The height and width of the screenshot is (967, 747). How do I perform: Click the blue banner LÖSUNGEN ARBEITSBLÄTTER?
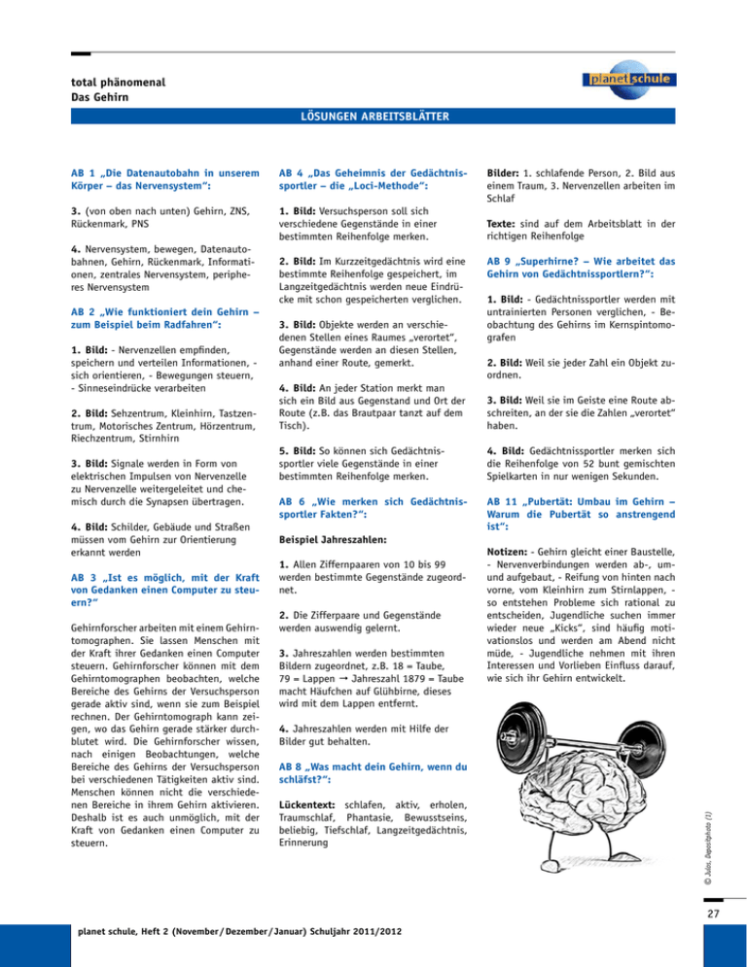click(373, 118)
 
